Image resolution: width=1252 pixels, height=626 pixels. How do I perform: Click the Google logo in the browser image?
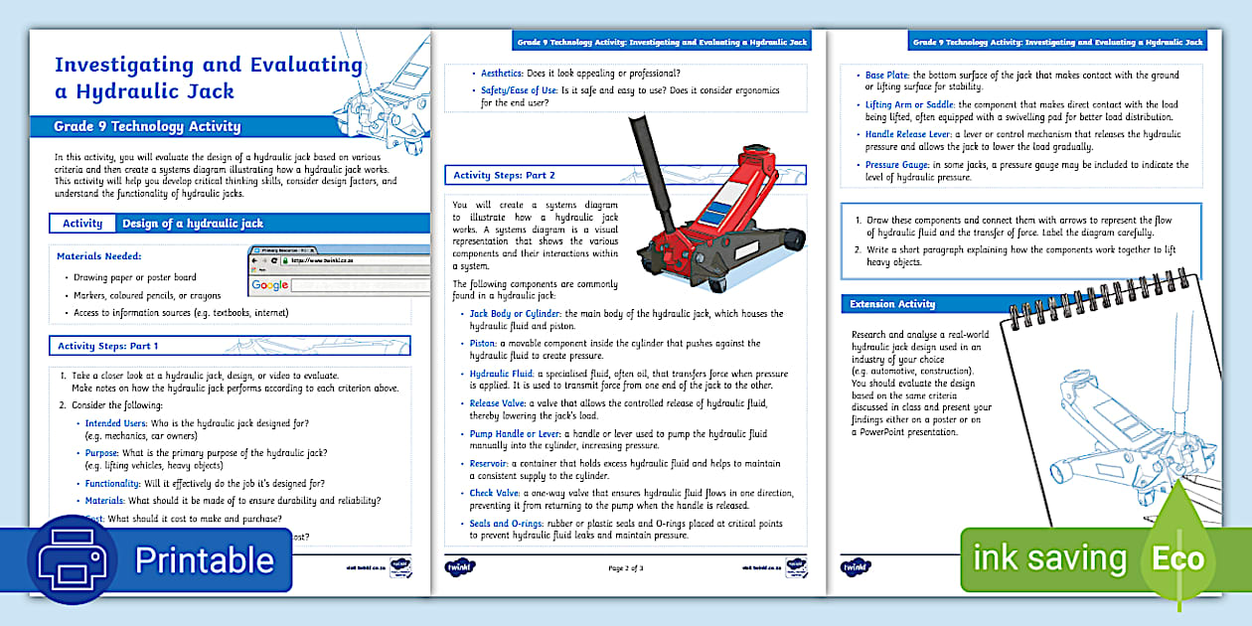(269, 285)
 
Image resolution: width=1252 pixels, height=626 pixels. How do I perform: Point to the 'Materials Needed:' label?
(100, 256)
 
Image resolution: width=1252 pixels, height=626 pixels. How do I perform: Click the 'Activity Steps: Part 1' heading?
(108, 346)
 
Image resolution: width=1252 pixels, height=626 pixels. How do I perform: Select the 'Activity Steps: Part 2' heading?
(505, 176)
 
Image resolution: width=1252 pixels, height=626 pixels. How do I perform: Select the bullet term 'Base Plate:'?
(888, 75)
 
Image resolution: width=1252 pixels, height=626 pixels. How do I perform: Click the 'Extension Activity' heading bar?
(891, 303)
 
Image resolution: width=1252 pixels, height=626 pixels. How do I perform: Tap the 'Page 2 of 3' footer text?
(625, 568)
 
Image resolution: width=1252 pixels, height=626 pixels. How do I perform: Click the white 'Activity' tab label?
(82, 224)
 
